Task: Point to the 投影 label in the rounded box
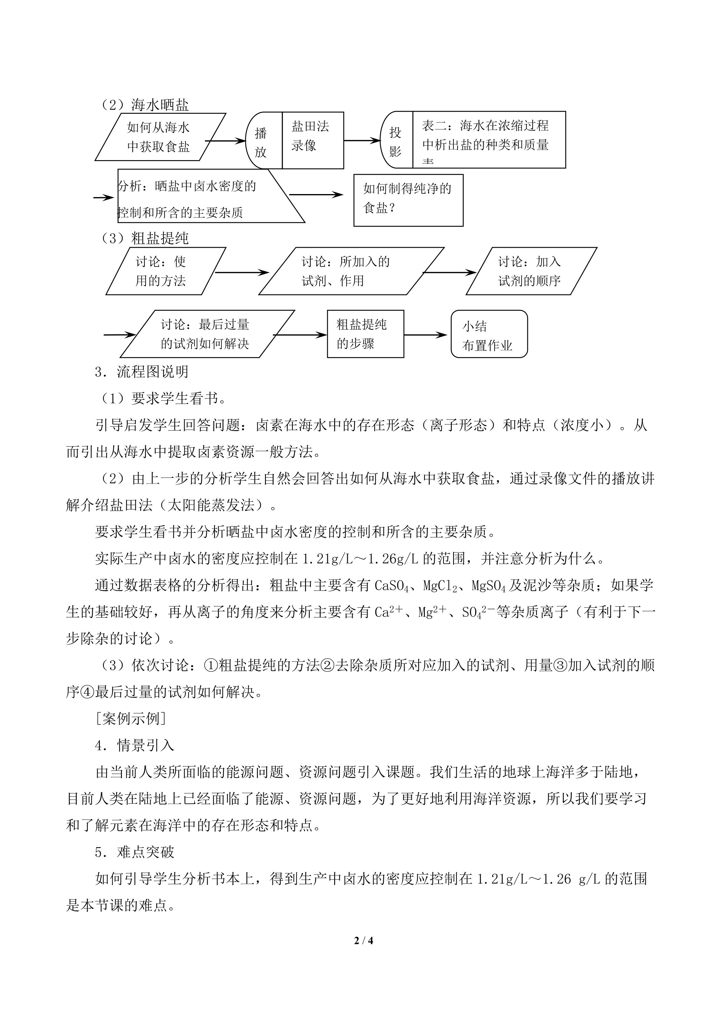point(395,141)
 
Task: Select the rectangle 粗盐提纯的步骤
point(365,334)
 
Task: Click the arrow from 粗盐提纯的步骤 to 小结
point(425,335)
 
